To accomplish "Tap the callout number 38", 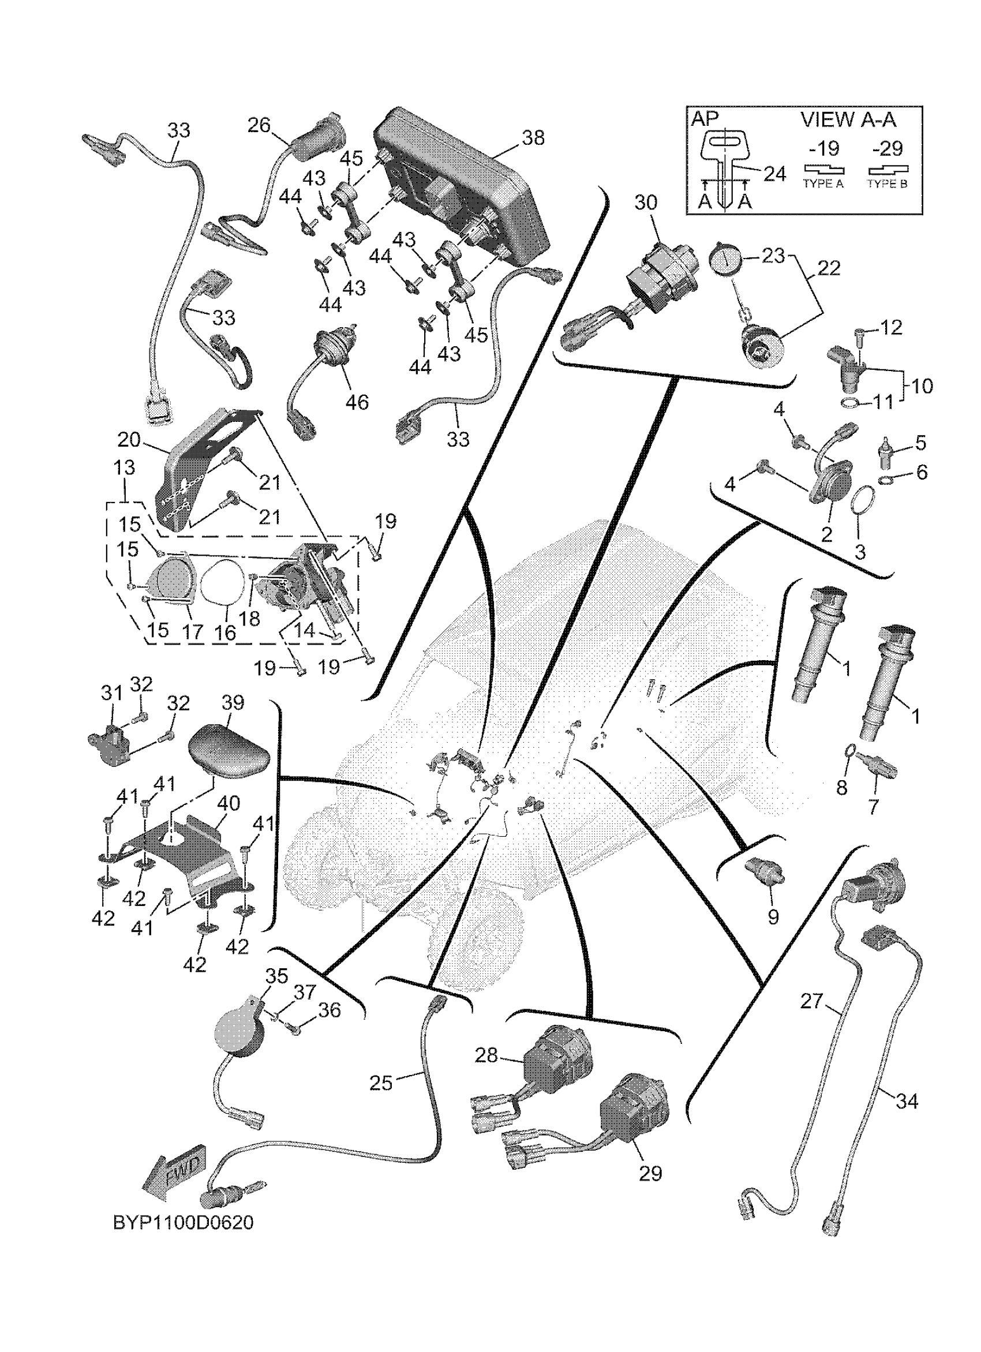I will [x=533, y=138].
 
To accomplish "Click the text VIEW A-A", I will [x=848, y=120].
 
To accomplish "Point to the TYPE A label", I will [x=823, y=183].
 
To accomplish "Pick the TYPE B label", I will [x=887, y=183].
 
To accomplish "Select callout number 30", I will [x=646, y=203].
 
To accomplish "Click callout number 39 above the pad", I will [x=233, y=703].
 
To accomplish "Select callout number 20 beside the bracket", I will [x=129, y=440].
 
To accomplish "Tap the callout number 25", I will [x=381, y=1083].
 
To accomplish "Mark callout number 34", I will [x=907, y=1101].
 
